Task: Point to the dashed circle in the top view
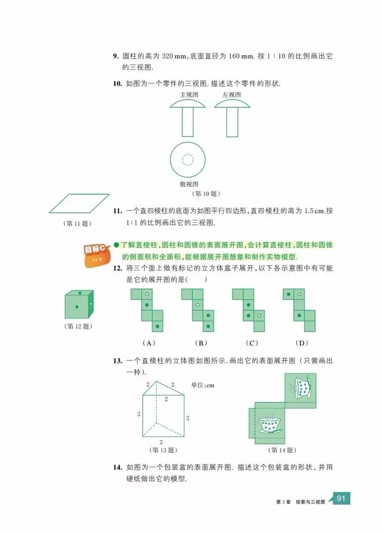(187, 160)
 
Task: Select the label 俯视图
(188, 185)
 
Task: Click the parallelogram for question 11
(79, 204)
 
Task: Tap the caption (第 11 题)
(77, 223)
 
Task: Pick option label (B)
(200, 342)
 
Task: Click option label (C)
(251, 342)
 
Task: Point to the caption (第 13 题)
(163, 450)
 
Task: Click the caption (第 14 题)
(282, 450)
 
